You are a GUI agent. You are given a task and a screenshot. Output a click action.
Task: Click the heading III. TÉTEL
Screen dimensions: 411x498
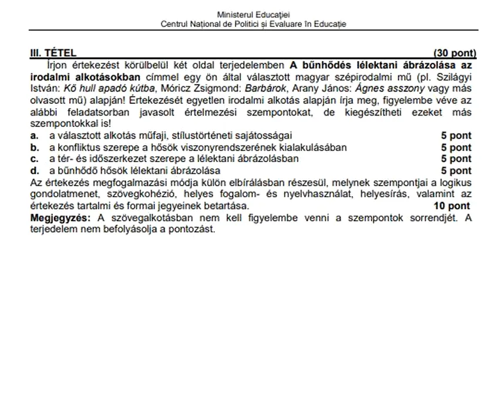(x=53, y=53)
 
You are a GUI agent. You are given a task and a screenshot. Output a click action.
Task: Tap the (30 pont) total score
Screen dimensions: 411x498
(x=455, y=53)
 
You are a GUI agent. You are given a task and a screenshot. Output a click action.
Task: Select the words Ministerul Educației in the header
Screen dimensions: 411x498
(x=254, y=14)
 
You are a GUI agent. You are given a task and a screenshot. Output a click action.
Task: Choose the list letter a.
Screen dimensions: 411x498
(x=35, y=136)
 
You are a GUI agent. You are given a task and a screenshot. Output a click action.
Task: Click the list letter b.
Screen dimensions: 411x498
(x=35, y=147)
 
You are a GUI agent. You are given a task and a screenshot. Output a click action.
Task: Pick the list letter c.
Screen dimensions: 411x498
(x=35, y=159)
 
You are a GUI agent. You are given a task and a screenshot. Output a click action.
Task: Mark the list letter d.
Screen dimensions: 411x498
(x=35, y=171)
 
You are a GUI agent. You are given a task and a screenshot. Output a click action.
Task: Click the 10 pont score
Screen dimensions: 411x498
(x=452, y=206)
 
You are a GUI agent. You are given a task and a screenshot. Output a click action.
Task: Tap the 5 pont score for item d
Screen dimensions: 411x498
(x=456, y=171)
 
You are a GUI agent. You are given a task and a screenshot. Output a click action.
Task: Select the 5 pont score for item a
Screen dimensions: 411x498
(x=456, y=136)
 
